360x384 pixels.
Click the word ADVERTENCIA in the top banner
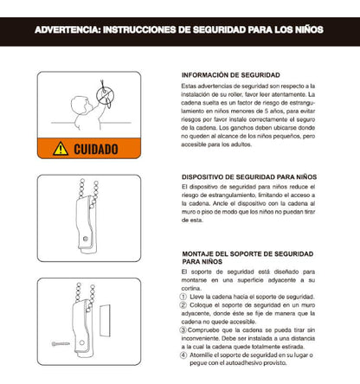(65, 29)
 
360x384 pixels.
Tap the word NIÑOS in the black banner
(305, 29)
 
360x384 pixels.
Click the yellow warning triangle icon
(61, 149)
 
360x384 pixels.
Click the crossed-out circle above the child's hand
(107, 90)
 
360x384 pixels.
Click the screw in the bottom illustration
(58, 346)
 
